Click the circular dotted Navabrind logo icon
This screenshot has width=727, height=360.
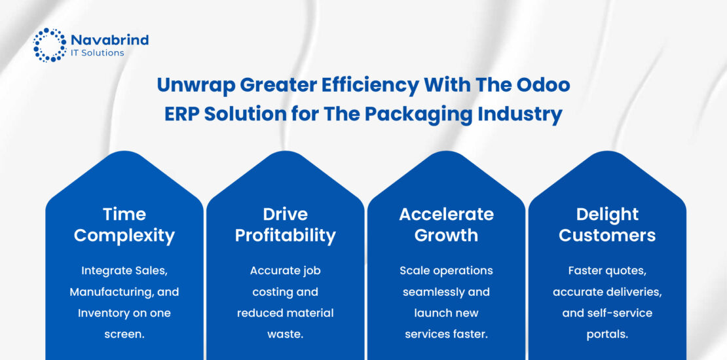(50, 45)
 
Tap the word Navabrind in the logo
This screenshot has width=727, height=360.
(110, 40)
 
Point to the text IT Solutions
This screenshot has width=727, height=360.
(98, 53)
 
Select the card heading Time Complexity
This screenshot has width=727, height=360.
(124, 225)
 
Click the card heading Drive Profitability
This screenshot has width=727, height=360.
(285, 225)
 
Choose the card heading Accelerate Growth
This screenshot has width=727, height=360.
(446, 225)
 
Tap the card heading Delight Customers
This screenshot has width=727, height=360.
(607, 225)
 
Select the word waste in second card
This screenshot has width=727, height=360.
(285, 334)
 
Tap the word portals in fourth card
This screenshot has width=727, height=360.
(607, 334)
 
